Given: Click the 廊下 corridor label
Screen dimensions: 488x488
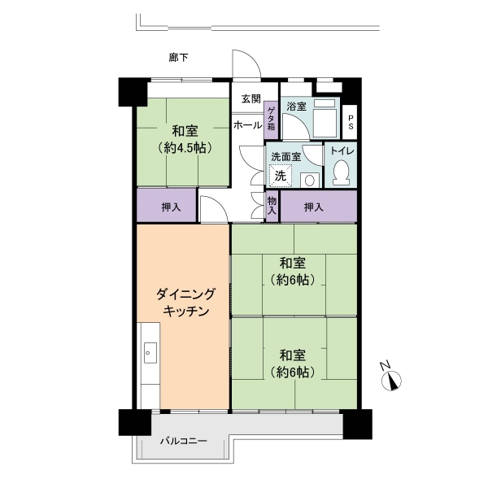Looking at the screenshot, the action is [x=178, y=58].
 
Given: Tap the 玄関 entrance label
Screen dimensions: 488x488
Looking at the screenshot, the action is [x=251, y=99].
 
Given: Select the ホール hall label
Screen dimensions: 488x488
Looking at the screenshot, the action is [x=248, y=125].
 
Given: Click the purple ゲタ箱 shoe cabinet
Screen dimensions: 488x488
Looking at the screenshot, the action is [x=271, y=120].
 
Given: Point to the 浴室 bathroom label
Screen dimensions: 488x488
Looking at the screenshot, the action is [x=296, y=107].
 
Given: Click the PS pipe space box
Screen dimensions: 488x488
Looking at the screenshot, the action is [x=350, y=122].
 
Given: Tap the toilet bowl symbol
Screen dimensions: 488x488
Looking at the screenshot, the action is [x=341, y=172].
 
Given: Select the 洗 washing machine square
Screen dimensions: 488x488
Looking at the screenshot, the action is [x=281, y=176].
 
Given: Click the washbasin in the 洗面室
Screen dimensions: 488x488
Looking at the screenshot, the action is [x=310, y=181].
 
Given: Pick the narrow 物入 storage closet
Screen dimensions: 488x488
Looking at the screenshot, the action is [x=272, y=206].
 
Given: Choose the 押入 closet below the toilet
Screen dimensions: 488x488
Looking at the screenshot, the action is [x=319, y=207].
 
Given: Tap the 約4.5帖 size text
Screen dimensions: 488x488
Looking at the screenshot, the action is [x=185, y=148].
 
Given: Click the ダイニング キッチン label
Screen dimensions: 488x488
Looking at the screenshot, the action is [x=185, y=302].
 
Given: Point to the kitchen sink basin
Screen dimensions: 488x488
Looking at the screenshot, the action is [x=150, y=353].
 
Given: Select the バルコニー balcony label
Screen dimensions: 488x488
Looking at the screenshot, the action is [x=184, y=441].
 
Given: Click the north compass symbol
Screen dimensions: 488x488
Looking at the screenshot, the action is [x=391, y=381].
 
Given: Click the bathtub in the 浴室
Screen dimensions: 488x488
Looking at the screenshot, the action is [x=325, y=118].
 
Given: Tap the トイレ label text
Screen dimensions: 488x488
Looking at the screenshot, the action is [x=342, y=151].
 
